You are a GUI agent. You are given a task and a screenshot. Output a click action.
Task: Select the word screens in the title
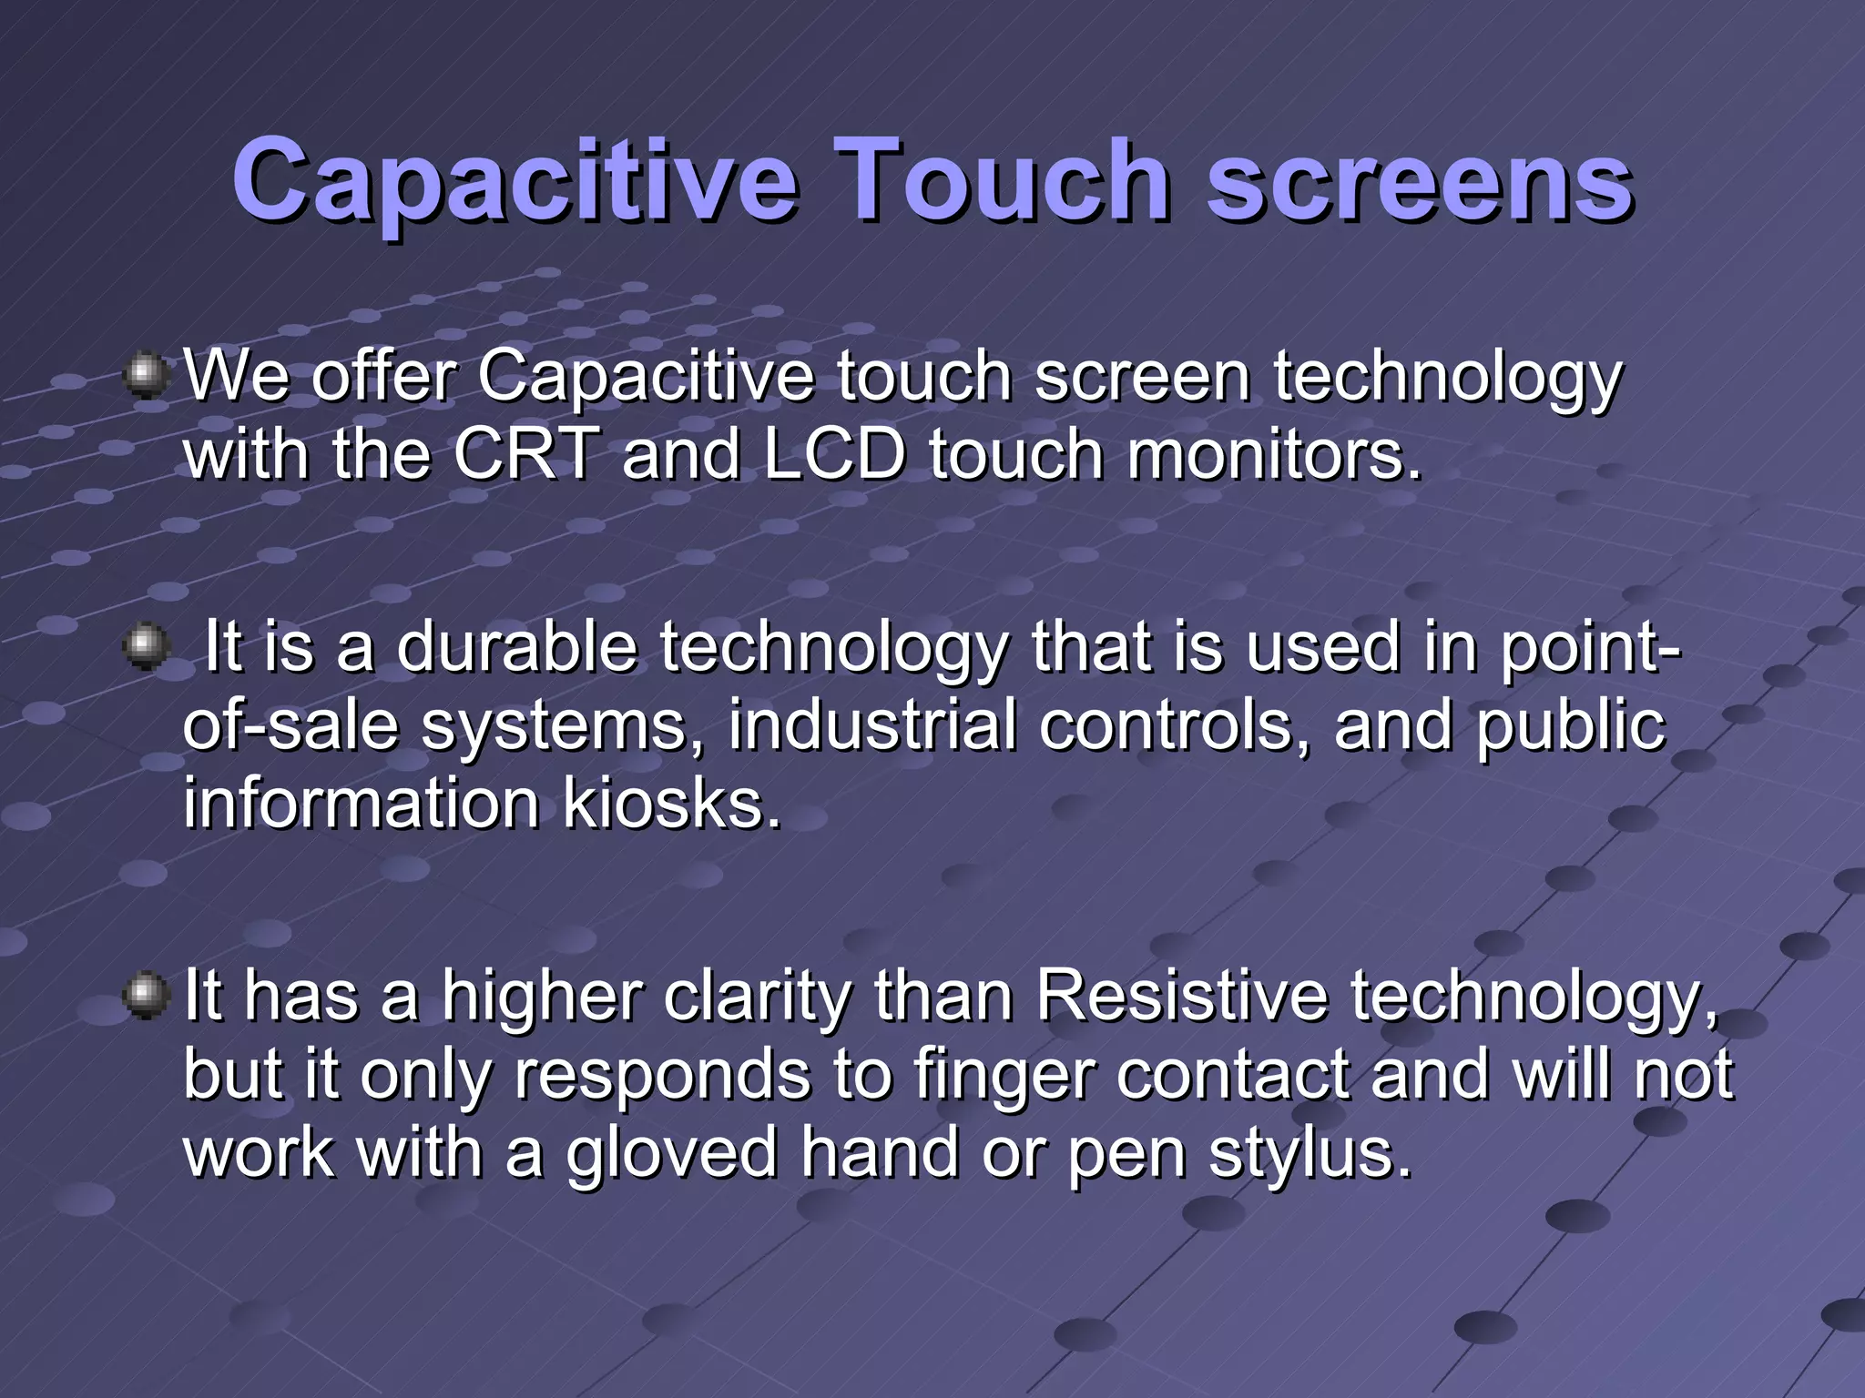pyautogui.click(x=1420, y=182)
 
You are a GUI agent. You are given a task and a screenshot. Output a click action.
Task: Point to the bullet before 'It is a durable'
pyautogui.click(x=145, y=648)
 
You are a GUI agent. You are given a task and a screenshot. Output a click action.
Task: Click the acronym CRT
pyautogui.click(x=526, y=454)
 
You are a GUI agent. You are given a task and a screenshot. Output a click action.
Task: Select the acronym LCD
pyautogui.click(x=834, y=454)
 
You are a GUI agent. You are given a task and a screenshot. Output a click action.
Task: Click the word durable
pyautogui.click(x=516, y=647)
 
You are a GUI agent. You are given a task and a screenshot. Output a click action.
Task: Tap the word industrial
pyautogui.click(x=871, y=725)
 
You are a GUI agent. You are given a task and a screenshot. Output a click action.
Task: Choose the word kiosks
pyautogui.click(x=671, y=805)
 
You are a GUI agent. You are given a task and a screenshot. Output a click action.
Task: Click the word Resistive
pyautogui.click(x=1181, y=996)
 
